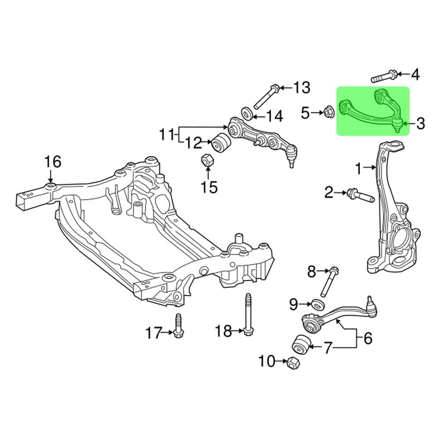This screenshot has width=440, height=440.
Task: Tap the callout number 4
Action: [x=415, y=75]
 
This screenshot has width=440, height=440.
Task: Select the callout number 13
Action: [x=301, y=88]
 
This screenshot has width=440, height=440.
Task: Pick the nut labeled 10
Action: [x=293, y=363]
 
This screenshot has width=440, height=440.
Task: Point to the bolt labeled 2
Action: [x=359, y=195]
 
